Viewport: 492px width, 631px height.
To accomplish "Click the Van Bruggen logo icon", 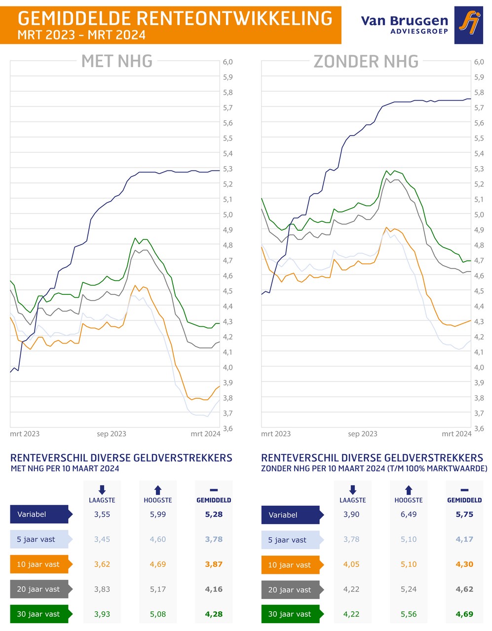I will tap(468, 25).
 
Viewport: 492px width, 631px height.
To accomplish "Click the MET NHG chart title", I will tap(117, 61).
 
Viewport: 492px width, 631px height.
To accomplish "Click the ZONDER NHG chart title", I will tap(366, 61).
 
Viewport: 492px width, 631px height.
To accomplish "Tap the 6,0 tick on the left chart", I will tap(227, 62).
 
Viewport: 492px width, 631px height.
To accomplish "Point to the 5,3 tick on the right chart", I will tap(479, 169).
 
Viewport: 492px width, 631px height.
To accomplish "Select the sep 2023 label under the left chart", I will tap(112, 434).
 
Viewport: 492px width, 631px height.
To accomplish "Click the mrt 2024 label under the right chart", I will tap(456, 434).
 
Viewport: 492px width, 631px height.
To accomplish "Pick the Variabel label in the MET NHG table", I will tap(32, 514).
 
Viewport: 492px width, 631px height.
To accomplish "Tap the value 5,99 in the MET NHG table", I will tap(158, 514).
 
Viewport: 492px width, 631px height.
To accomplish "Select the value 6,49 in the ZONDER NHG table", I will tap(409, 514).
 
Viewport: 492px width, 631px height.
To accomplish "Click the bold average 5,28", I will tap(214, 514).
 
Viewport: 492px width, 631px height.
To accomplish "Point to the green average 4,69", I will tap(464, 614).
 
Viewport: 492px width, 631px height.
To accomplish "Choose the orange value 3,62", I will tap(102, 564).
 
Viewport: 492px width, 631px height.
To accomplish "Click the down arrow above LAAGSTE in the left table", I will tap(102, 490).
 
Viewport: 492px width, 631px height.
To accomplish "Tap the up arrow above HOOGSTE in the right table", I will tap(409, 490).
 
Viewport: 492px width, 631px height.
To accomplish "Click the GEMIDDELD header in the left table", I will tap(214, 500).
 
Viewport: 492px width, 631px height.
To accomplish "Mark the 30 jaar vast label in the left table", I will tap(38, 614).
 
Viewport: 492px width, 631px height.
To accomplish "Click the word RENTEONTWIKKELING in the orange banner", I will tap(233, 19).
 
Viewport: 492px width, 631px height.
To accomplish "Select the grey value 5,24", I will tap(409, 589).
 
